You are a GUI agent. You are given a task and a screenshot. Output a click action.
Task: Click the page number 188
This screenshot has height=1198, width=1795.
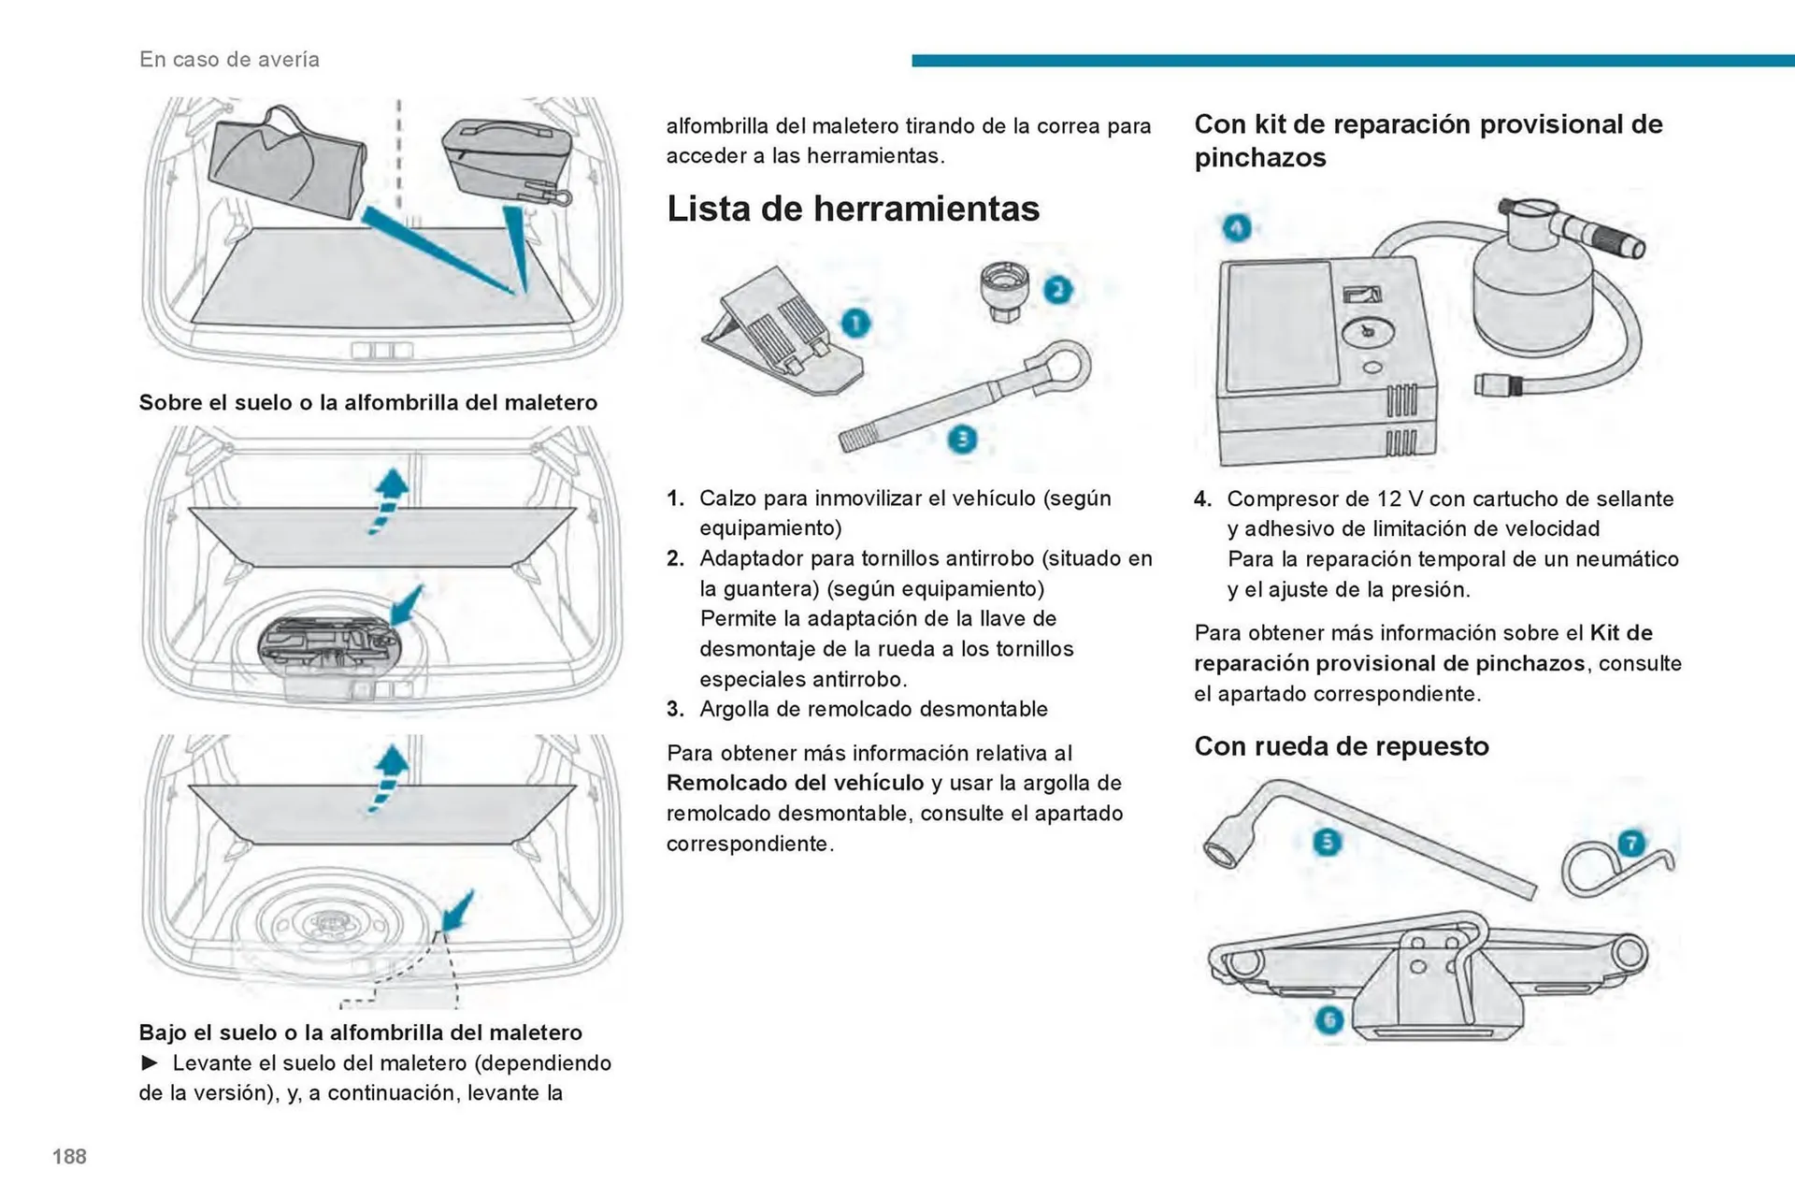[x=69, y=1157]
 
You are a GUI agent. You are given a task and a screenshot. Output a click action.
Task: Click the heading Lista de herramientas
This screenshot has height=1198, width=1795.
[x=852, y=209]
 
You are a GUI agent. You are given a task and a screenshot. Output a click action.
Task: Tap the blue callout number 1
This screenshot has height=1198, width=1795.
[x=855, y=324]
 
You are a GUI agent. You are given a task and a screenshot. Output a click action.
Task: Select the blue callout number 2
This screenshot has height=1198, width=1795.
[x=1057, y=290]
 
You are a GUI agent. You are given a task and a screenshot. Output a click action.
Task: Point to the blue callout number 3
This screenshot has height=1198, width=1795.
[x=961, y=440]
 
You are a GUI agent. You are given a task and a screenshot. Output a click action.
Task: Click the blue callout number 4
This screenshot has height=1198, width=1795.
[x=1237, y=227]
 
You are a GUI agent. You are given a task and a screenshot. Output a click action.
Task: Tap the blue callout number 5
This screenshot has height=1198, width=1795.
[x=1327, y=842]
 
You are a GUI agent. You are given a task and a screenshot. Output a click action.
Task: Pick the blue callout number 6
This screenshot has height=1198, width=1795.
[x=1328, y=1019]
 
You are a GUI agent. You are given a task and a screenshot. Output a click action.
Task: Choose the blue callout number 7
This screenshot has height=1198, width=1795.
[x=1630, y=844]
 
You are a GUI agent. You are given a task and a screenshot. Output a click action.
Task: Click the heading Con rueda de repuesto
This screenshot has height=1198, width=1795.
[x=1341, y=746]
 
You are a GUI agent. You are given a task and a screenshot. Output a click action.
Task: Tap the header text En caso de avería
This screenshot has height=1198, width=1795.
[x=229, y=59]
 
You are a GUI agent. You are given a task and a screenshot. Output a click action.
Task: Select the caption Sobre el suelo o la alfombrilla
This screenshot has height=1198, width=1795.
[x=367, y=403]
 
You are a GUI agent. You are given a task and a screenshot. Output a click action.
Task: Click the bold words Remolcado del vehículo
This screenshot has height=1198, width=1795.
[x=795, y=783]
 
